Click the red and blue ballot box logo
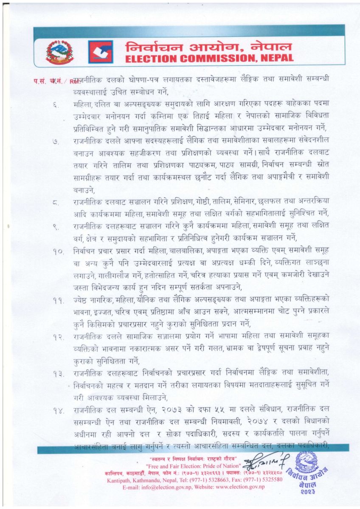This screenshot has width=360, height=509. tap(101, 52)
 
